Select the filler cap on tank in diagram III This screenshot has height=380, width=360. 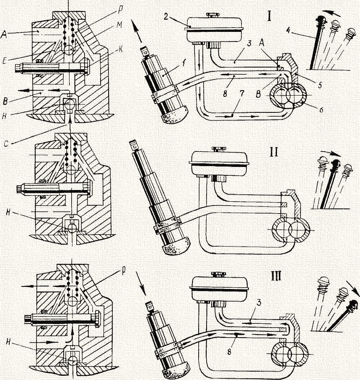tap(219, 274)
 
